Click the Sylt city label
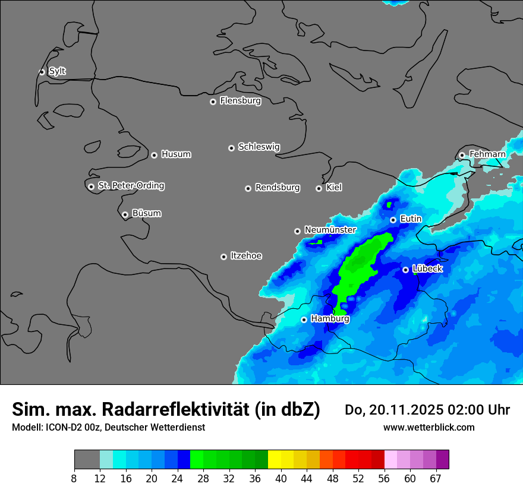point(57,71)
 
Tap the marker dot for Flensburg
point(213,102)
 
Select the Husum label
point(176,154)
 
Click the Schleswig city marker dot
point(232,148)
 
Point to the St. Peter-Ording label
point(131,186)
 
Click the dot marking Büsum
point(125,214)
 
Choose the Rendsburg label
point(278,188)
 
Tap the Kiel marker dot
point(319,188)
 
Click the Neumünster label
point(330,230)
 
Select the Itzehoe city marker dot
point(223,257)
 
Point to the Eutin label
point(411,219)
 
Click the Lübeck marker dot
point(405,270)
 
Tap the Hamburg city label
point(330,319)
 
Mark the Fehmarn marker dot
point(462,155)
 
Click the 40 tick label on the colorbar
point(281,478)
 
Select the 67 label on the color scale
point(436,478)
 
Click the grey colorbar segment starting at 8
point(87,460)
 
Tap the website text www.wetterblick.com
point(429,428)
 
